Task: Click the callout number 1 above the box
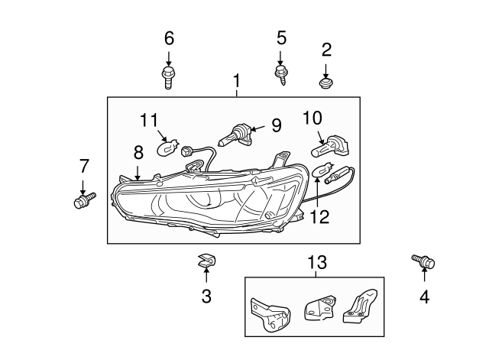click(x=237, y=80)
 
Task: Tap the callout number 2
click(x=326, y=50)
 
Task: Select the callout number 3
click(x=206, y=297)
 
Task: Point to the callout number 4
click(x=424, y=297)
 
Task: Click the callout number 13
click(x=316, y=262)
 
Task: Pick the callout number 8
click(x=138, y=173)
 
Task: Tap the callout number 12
click(x=320, y=216)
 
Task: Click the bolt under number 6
click(x=169, y=76)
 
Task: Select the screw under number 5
click(x=281, y=75)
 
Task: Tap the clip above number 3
click(x=206, y=261)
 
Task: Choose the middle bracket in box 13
click(x=319, y=310)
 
